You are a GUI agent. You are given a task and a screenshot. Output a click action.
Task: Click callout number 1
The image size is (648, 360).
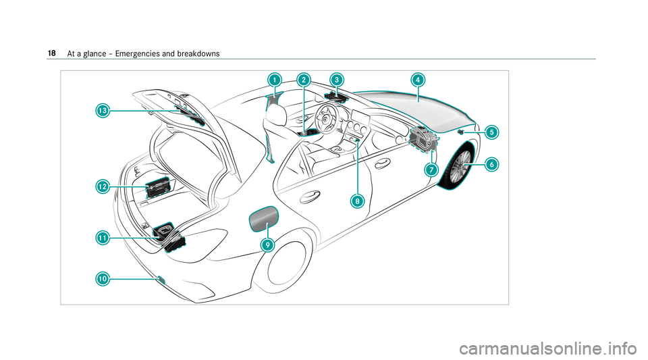tap(274, 80)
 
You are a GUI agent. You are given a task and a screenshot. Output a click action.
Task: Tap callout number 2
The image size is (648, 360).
tap(303, 80)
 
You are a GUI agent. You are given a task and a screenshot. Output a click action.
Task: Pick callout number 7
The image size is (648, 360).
tap(430, 170)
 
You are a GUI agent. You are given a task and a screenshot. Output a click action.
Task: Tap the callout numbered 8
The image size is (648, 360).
tap(357, 200)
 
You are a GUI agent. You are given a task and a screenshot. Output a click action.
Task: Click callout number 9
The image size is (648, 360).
tap(268, 245)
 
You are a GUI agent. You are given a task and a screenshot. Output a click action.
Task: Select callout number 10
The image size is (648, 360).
tap(102, 278)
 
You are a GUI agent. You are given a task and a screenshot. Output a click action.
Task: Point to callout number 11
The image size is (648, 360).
tap(102, 237)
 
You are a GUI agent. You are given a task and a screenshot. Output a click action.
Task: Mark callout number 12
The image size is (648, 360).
tap(102, 186)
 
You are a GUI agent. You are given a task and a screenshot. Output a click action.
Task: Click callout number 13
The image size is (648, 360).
tap(102, 109)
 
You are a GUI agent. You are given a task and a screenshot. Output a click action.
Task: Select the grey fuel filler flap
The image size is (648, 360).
tap(263, 217)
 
